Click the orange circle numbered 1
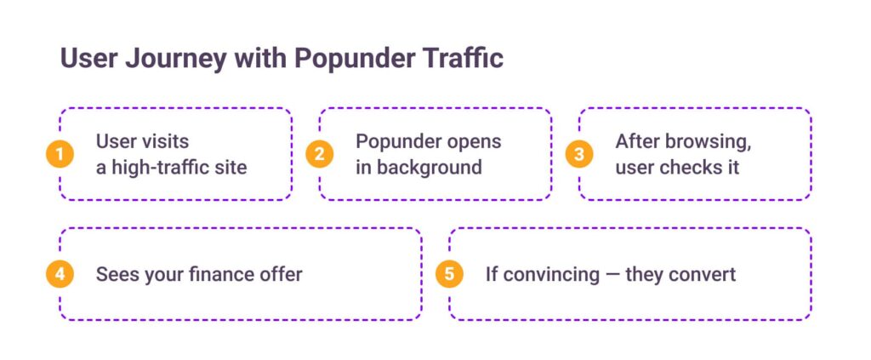tap(60, 154)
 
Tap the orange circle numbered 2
tap(320, 154)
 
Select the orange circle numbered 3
tap(579, 154)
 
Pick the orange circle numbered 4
tap(60, 274)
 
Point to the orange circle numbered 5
tap(449, 274)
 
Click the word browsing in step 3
tap(707, 142)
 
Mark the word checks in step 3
tap(691, 167)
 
